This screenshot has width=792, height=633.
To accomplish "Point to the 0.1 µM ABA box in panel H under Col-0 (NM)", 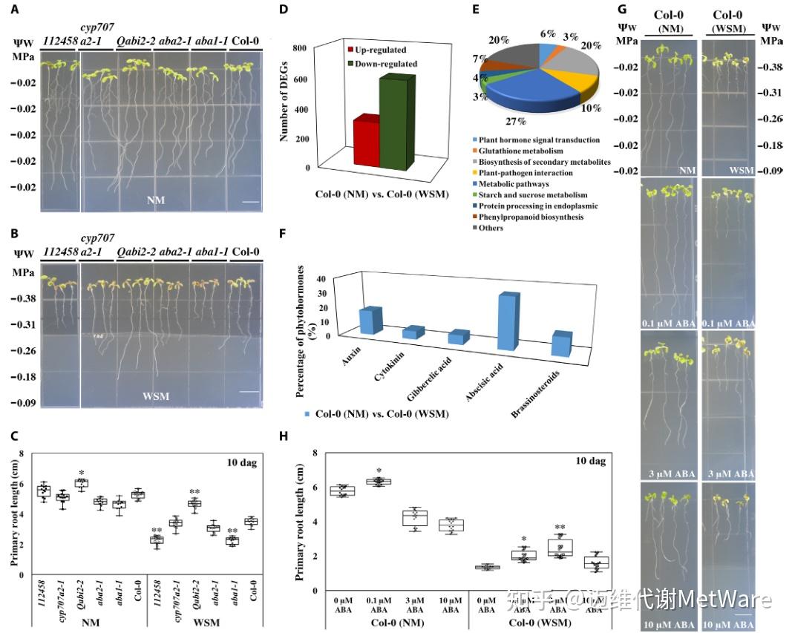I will coord(379,482).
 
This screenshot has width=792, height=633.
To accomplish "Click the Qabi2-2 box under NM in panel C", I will coord(80,482).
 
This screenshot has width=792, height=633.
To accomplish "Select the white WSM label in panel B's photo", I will coord(156,396).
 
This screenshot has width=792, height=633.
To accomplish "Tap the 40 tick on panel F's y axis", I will coord(322,278).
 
